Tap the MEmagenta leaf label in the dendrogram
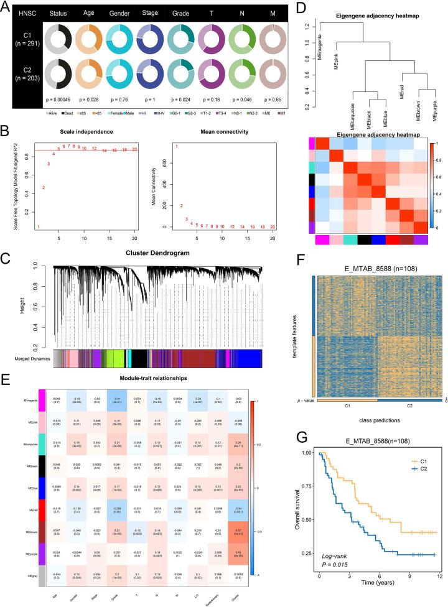click(320, 58)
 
